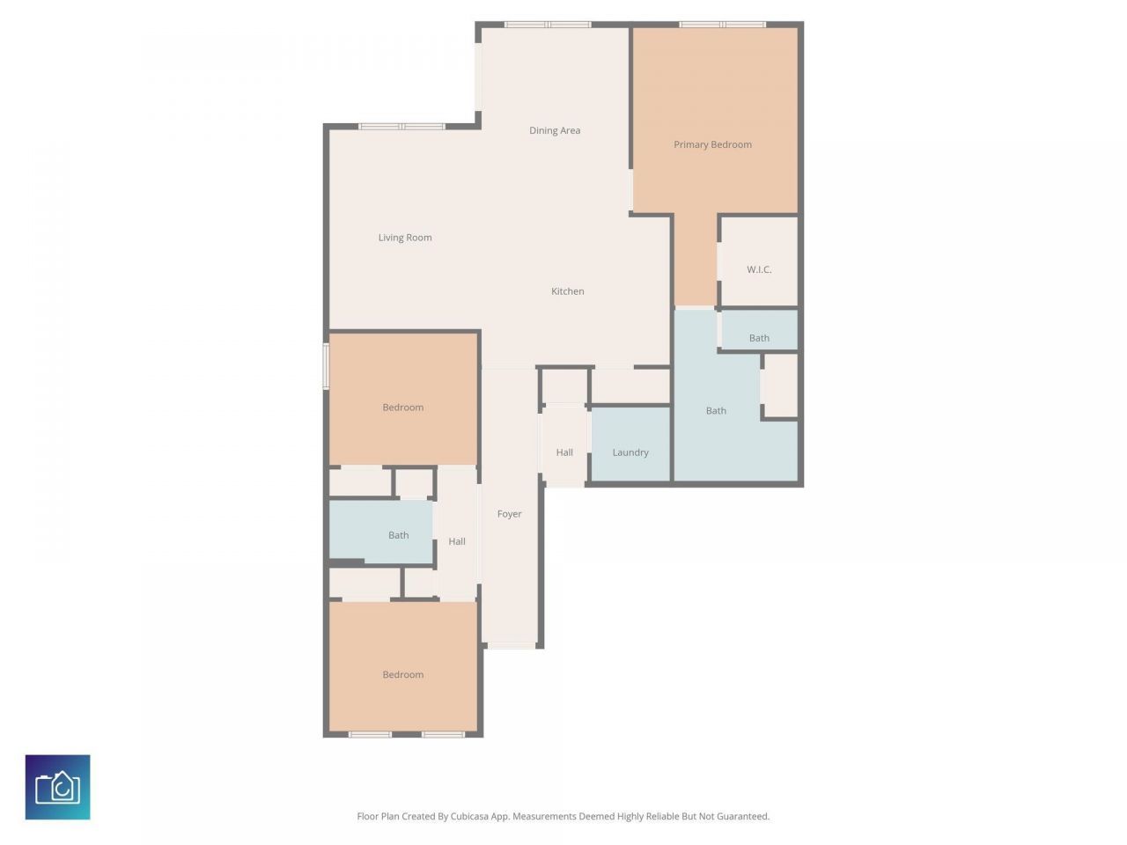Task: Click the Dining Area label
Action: pos(555,130)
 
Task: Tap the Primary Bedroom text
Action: pos(712,144)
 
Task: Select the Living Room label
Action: pos(405,238)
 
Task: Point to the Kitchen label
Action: pos(567,291)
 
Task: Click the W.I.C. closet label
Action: pos(759,269)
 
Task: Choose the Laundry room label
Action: pos(630,452)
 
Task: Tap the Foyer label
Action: pos(509,514)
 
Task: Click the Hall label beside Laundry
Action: pos(564,452)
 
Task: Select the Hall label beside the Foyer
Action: pos(457,541)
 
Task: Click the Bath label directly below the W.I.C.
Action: pos(759,338)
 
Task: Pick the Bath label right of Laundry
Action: pos(716,410)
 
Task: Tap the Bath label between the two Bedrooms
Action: pos(399,535)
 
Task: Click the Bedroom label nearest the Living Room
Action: pos(403,408)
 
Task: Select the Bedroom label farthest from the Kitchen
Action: pos(403,675)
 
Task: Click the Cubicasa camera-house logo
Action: pos(58,787)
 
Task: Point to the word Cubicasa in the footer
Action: pos(471,817)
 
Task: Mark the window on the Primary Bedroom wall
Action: pos(722,25)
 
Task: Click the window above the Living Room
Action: pos(401,127)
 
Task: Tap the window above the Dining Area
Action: pos(547,25)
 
